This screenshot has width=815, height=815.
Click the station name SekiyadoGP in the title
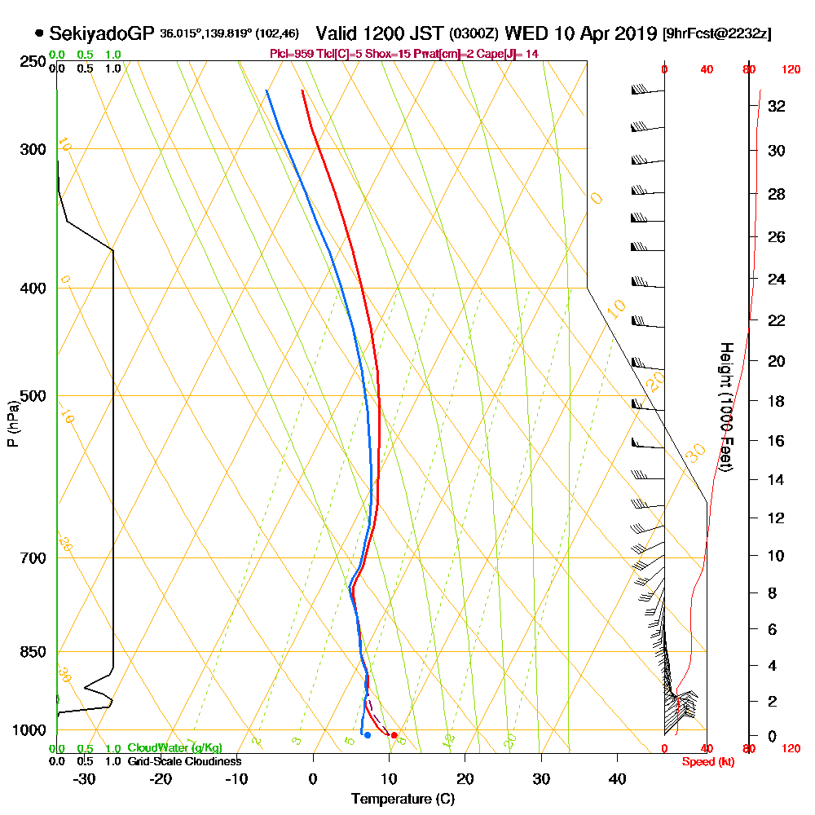(x=102, y=33)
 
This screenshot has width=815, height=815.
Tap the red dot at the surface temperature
(x=394, y=735)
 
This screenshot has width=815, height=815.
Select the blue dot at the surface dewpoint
(x=368, y=735)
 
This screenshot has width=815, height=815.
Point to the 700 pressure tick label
(x=33, y=558)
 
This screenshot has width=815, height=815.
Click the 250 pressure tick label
(x=33, y=62)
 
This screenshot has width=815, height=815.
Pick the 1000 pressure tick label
(x=30, y=730)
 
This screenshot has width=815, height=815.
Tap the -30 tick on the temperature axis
(x=84, y=778)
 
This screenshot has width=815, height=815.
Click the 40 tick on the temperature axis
(x=617, y=778)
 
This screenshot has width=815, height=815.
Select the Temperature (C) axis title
(x=403, y=799)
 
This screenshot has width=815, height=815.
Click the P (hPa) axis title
(x=12, y=424)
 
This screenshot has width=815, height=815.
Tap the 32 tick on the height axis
(x=776, y=106)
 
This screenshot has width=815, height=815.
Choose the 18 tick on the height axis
(x=776, y=401)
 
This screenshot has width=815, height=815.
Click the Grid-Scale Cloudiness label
(x=184, y=761)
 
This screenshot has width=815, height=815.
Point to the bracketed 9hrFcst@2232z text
(x=717, y=33)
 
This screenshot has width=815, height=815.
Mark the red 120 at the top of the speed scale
(x=790, y=70)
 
